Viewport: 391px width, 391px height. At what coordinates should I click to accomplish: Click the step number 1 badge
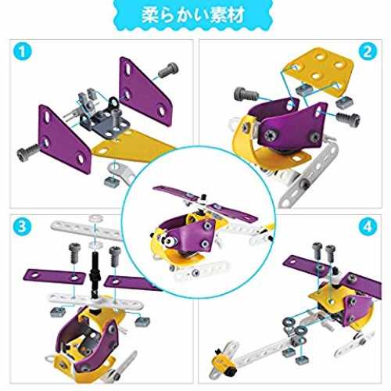point(22,51)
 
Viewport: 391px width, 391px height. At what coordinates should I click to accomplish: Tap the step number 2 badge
point(368,52)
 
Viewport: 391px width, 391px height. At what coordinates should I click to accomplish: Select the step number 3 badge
point(22,226)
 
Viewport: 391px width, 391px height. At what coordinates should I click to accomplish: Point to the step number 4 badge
point(368,226)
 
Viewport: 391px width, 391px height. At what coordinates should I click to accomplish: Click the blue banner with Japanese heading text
point(193,15)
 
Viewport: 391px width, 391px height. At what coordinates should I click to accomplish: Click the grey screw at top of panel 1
point(169,70)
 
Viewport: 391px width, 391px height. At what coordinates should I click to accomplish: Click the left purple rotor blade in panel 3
point(54,277)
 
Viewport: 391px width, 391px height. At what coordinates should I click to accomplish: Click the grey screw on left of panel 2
point(246,95)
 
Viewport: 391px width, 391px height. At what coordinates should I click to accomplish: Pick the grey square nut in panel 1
point(112,181)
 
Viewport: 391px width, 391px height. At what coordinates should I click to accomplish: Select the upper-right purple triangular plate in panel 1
point(145,91)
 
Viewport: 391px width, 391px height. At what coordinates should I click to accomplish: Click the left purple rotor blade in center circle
point(172,192)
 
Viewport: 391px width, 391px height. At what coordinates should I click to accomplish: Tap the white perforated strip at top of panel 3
point(86,229)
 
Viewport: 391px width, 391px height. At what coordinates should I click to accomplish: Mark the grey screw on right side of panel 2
point(348,118)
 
